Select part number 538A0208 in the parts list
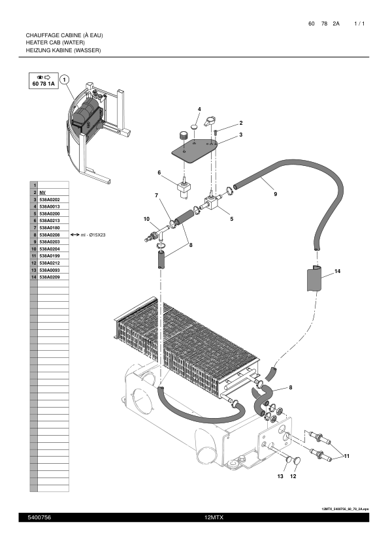point(50,235)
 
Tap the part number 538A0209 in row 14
point(50,277)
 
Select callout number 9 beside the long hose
point(275,194)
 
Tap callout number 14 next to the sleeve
point(337,270)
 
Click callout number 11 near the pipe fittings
point(347,455)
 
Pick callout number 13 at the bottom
point(280,477)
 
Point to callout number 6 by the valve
point(159,172)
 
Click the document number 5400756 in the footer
point(39,517)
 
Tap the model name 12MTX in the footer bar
point(214,517)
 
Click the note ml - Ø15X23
point(93,235)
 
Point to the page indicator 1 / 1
point(359,24)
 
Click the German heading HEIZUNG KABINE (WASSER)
point(63,50)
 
